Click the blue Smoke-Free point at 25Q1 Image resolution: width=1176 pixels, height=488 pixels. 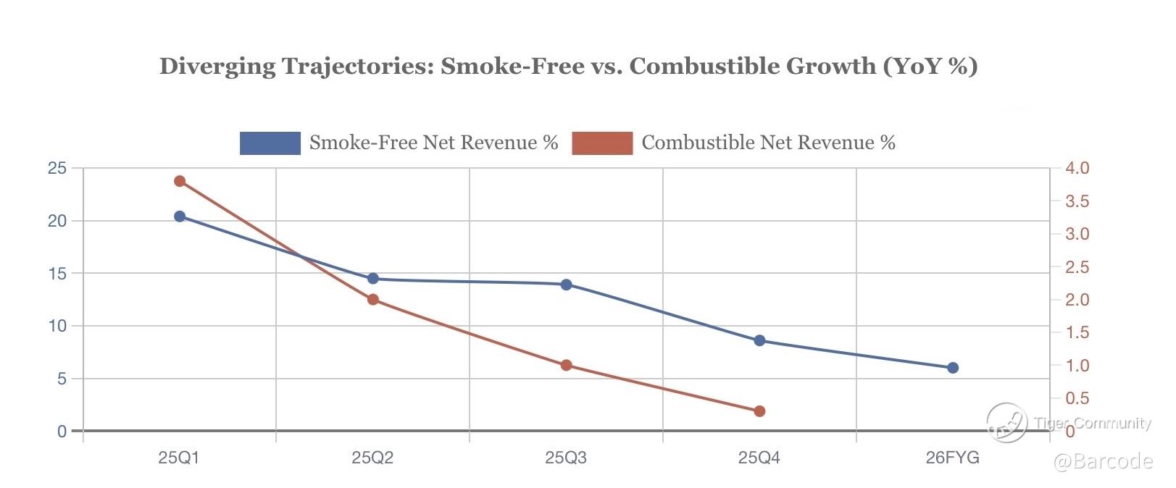click(180, 216)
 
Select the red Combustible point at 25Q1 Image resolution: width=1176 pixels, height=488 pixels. click(180, 181)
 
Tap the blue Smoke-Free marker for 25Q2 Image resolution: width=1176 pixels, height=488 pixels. click(373, 279)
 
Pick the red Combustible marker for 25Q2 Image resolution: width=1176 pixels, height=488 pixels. click(373, 300)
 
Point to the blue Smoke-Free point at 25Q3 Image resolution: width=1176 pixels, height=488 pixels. click(567, 285)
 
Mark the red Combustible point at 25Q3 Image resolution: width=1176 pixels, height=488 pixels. click(567, 366)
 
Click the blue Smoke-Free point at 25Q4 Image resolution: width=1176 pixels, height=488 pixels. click(759, 340)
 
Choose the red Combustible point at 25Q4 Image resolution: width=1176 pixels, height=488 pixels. click(759, 411)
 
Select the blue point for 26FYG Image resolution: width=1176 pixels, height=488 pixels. click(953, 368)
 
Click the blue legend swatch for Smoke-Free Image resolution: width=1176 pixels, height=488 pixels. click(270, 143)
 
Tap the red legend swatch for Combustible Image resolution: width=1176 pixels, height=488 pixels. click(602, 143)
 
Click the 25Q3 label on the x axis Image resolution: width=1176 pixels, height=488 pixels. click(566, 458)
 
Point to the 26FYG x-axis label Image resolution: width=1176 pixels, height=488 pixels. click(952, 458)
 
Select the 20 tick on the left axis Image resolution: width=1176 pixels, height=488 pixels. click(57, 221)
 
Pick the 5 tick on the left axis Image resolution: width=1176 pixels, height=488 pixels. click(62, 379)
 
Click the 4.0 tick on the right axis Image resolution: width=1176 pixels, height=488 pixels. click(1077, 169)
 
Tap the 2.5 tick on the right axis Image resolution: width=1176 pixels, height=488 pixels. click(1077, 267)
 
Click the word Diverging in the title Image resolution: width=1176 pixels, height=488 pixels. click(217, 67)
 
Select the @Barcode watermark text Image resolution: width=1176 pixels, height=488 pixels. click(1102, 461)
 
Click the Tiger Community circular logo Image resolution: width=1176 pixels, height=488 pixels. click(1007, 422)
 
